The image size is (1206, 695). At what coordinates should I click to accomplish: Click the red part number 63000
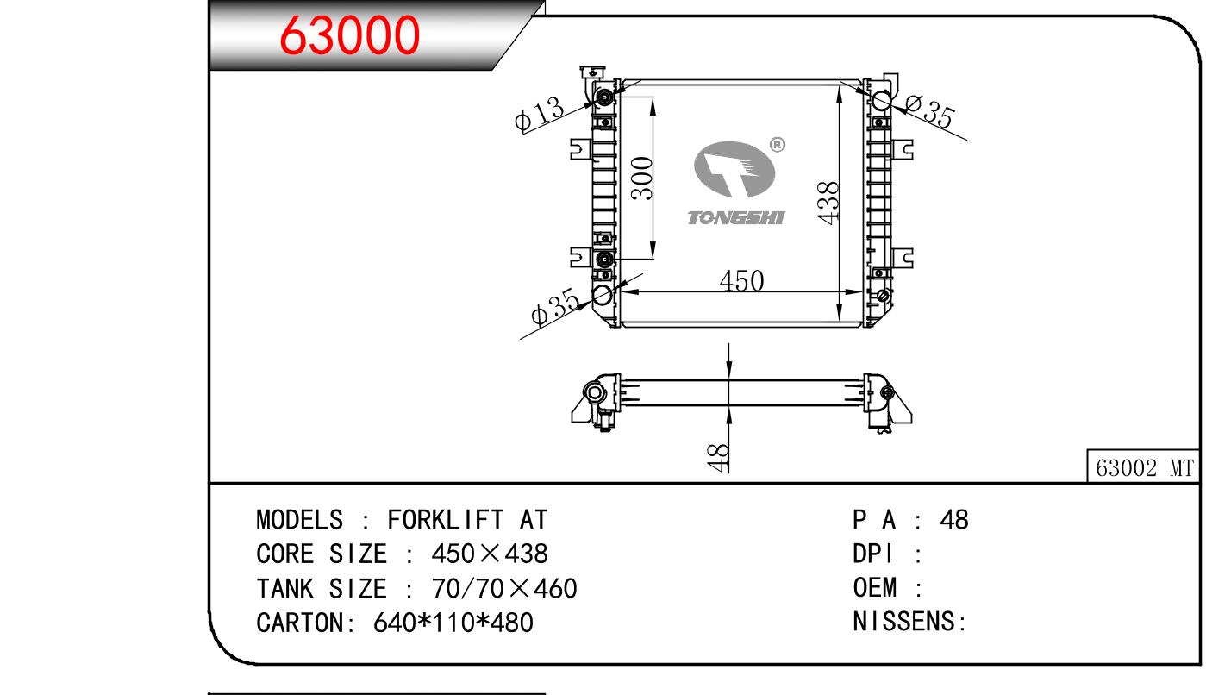pyautogui.click(x=349, y=35)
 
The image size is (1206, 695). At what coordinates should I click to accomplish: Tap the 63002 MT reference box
pyautogui.click(x=1144, y=466)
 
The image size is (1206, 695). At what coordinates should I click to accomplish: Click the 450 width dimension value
pyautogui.click(x=741, y=280)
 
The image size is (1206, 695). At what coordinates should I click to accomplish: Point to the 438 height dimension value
pyautogui.click(x=828, y=203)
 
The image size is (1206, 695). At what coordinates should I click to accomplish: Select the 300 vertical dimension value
pyautogui.click(x=641, y=178)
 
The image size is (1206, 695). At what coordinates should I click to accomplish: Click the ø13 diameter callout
pyautogui.click(x=540, y=114)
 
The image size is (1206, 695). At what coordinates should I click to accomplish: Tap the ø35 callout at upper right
pyautogui.click(x=930, y=111)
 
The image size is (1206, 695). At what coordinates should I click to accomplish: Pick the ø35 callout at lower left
pyautogui.click(x=555, y=307)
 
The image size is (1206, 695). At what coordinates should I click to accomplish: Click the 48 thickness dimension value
pyautogui.click(x=718, y=458)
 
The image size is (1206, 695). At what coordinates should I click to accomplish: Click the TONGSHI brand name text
pyautogui.click(x=736, y=217)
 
